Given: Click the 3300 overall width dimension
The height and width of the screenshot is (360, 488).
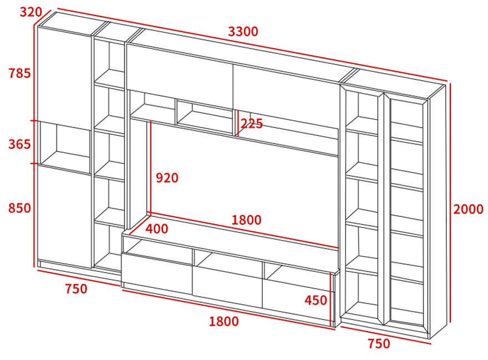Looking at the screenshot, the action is (243, 32).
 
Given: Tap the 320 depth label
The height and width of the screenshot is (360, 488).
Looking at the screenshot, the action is (31, 12).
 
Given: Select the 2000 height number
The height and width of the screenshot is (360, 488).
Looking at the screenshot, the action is (468, 209).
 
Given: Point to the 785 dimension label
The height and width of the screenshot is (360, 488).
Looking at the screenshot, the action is (19, 73).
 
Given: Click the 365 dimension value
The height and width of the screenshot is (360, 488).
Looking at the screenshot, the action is (19, 144).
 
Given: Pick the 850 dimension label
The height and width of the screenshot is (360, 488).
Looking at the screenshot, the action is (19, 208).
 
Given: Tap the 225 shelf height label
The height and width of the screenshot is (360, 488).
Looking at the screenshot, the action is (251, 124).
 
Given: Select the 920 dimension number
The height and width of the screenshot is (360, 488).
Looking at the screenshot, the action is (167, 178).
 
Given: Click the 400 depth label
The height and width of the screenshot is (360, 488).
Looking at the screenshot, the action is (157, 229).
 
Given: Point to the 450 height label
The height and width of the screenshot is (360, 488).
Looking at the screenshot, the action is (316, 300).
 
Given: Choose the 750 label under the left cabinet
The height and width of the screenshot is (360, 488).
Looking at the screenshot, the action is (76, 288).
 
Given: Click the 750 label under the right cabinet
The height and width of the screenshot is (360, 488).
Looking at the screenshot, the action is (379, 343).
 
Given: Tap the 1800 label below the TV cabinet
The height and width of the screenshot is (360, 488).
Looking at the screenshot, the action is (224, 321).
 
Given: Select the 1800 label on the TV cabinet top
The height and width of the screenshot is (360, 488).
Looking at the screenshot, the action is (246, 220).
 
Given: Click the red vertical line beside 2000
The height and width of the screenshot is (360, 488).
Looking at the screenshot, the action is (449, 204).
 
